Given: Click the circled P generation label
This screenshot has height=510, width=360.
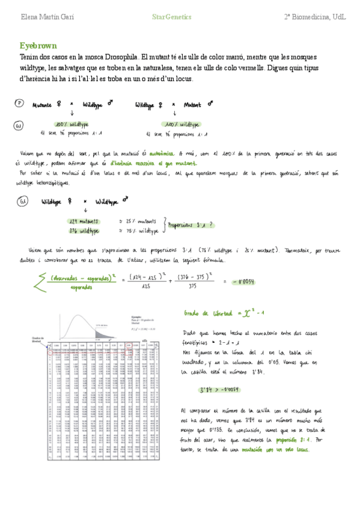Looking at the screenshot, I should pos(19,103).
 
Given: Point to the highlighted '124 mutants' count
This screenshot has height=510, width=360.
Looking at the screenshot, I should pos(84,221).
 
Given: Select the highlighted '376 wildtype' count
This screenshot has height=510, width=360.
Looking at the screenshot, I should pos(85,230).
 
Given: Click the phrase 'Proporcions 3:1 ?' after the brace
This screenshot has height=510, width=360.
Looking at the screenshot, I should pos(194,226).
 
